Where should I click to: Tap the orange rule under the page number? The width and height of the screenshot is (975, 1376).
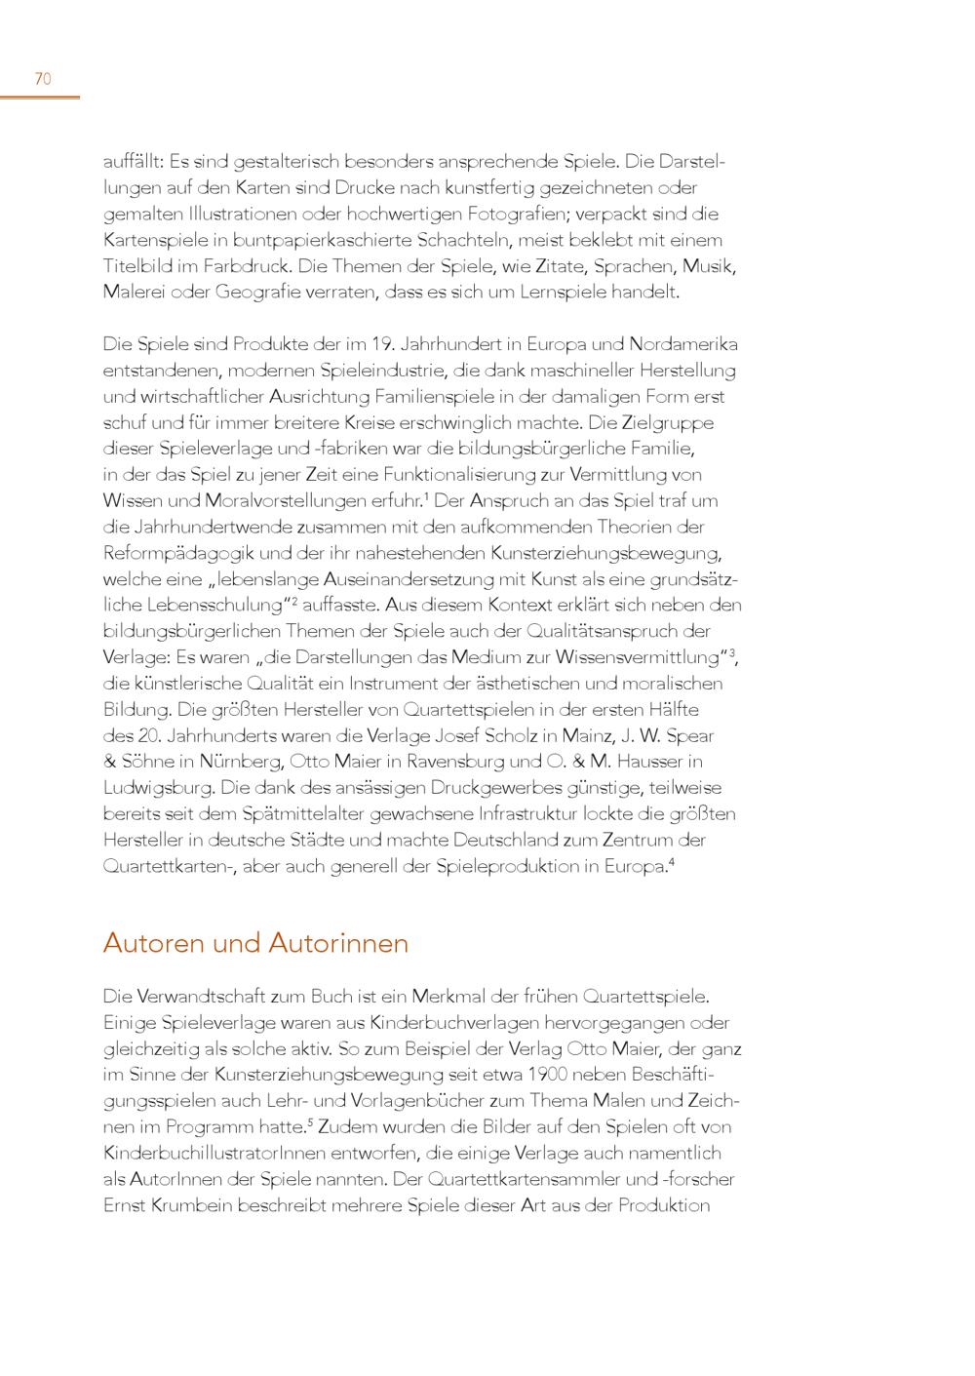tap(40, 97)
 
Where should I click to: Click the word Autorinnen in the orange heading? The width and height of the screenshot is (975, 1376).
tap(338, 944)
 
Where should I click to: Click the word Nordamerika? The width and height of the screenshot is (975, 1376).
tap(683, 344)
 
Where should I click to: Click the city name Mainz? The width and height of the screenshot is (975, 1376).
tap(586, 735)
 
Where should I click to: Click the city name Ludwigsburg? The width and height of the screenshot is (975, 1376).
tap(158, 788)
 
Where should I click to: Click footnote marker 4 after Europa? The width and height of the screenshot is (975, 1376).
tap(671, 861)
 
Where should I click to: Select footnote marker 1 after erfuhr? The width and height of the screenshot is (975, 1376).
tap(427, 496)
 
